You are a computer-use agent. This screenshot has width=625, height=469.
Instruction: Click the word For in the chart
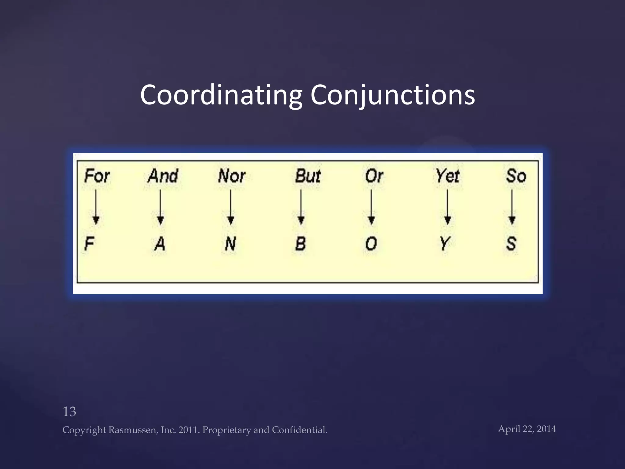click(97, 176)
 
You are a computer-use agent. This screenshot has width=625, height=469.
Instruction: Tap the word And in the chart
click(163, 176)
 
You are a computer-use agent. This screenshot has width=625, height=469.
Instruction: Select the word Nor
click(232, 176)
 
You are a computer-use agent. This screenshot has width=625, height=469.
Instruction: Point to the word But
click(308, 176)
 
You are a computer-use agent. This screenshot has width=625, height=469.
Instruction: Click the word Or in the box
click(374, 176)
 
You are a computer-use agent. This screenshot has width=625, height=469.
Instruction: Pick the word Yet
click(447, 176)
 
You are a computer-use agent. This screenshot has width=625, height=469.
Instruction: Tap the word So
click(516, 176)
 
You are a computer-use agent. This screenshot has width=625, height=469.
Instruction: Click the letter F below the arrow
click(89, 244)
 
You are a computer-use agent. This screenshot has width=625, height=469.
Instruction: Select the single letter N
click(230, 244)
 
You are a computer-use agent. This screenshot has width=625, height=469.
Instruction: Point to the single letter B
click(301, 244)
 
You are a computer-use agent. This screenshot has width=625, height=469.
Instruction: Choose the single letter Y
click(445, 244)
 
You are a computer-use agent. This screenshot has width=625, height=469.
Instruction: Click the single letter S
click(511, 244)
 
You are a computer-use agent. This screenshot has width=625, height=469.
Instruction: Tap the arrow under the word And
click(160, 208)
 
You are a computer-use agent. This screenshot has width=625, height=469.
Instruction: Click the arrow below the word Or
click(371, 208)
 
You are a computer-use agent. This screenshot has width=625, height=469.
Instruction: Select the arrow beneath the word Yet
click(447, 208)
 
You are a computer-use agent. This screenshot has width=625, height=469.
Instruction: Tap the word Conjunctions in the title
click(392, 95)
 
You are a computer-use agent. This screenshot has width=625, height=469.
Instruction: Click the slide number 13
click(69, 412)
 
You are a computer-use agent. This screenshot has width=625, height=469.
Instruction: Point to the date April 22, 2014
click(527, 429)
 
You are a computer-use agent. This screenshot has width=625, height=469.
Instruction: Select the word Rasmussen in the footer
click(133, 430)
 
